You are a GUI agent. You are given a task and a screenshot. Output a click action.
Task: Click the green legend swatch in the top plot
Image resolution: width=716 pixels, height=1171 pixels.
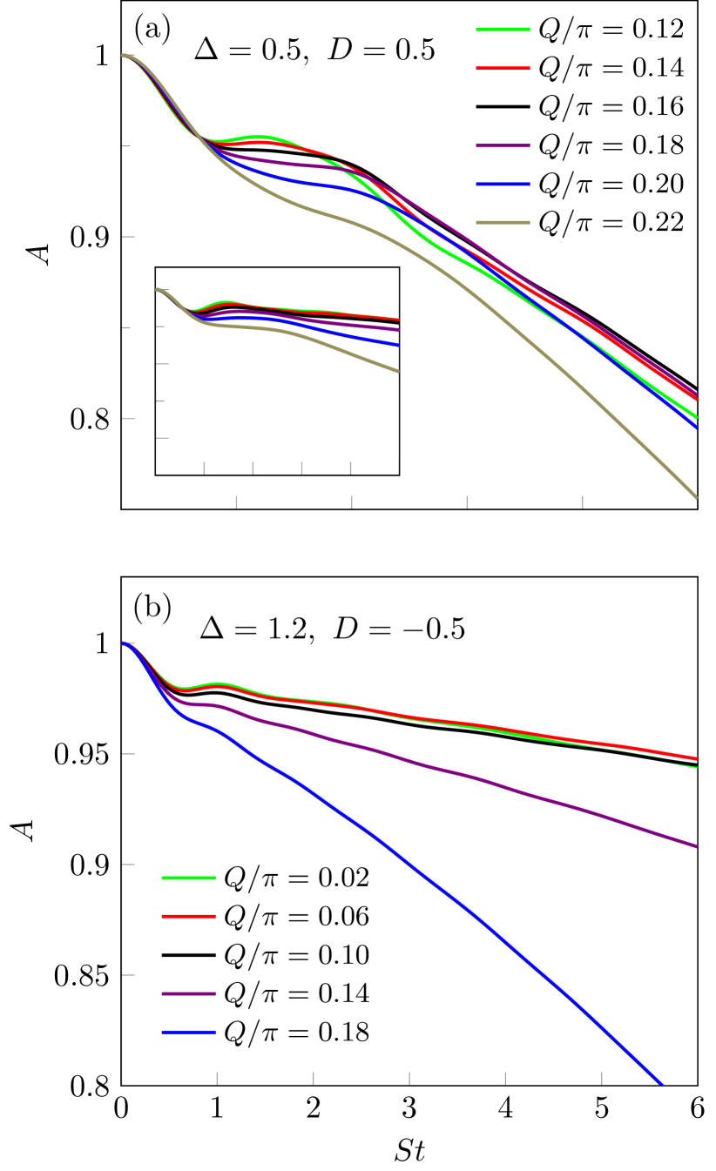point(503,30)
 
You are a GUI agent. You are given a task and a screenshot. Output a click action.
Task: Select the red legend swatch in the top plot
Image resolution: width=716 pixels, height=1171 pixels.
point(503,68)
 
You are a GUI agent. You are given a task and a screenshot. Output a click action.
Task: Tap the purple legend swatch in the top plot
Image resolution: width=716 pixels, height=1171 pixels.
point(503,145)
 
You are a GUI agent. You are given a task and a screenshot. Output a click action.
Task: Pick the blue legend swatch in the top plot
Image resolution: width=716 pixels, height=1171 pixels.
point(503,184)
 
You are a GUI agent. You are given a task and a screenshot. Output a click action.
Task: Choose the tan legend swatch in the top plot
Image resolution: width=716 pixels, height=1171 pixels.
point(503,222)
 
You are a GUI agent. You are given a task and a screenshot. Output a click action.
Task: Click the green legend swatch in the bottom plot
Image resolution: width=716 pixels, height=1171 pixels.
point(188,878)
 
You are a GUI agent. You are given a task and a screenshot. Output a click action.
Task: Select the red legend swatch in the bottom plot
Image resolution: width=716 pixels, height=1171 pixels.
point(188,916)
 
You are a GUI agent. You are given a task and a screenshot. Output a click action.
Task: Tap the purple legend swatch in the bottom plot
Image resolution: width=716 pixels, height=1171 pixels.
point(188,993)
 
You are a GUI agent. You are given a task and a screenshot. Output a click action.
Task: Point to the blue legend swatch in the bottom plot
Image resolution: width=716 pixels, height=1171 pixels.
point(188,1032)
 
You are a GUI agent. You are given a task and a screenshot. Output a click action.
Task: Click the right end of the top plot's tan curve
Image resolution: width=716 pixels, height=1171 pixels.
point(696,497)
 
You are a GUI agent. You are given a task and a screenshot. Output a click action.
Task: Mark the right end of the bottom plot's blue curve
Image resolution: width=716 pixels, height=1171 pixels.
point(663,1085)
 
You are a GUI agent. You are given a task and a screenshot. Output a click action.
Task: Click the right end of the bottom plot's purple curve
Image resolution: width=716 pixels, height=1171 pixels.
point(696,845)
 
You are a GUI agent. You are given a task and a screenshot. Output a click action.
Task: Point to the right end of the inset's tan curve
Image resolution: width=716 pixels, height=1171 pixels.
point(398,371)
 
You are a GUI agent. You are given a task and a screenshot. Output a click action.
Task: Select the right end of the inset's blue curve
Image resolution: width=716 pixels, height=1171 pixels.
point(398,345)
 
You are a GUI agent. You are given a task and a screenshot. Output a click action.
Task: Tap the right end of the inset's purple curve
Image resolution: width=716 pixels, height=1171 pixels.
point(398,330)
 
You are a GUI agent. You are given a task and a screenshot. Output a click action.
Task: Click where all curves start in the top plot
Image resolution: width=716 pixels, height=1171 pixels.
point(123,55)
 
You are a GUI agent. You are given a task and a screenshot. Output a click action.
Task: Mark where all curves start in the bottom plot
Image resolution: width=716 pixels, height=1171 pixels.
point(123,643)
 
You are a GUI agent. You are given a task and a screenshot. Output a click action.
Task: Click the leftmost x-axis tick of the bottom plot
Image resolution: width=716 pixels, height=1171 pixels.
point(217,1078)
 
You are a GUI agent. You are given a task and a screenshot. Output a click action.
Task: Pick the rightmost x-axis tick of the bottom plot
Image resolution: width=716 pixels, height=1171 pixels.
point(601,1078)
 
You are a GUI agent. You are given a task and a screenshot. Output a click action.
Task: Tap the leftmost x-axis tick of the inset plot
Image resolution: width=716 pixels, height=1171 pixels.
point(205,468)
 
